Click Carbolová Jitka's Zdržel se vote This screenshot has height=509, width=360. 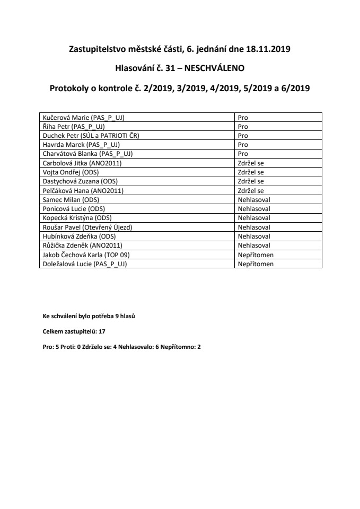click(x=251, y=163)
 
